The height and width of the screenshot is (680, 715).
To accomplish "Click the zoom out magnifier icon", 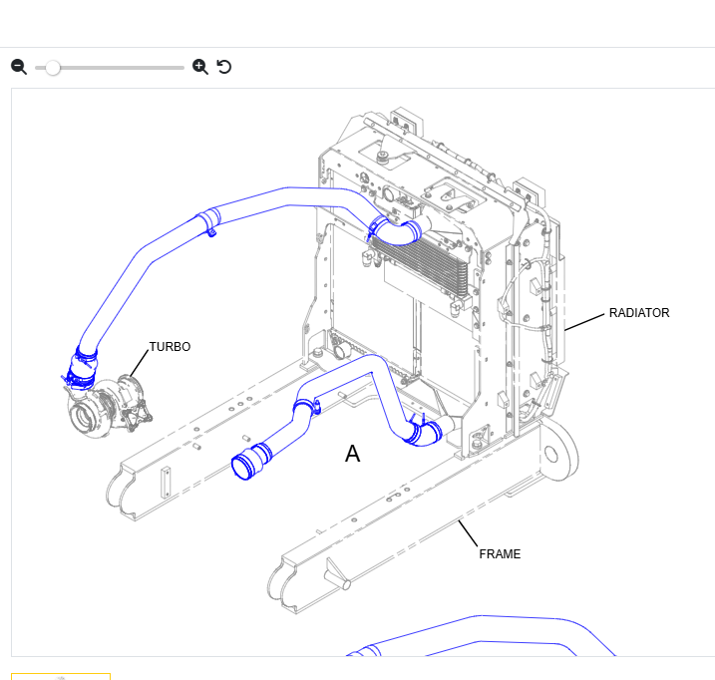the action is pyautogui.click(x=19, y=67).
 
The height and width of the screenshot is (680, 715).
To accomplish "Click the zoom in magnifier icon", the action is pyautogui.click(x=200, y=67).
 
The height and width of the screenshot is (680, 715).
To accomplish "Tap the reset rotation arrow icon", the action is pyautogui.click(x=224, y=67).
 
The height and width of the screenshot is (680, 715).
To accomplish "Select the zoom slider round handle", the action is pyautogui.click(x=53, y=68).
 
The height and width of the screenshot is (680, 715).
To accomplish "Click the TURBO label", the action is pyautogui.click(x=170, y=347).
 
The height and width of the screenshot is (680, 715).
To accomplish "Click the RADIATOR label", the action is pyautogui.click(x=639, y=313).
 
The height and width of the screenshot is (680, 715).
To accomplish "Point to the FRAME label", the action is pyautogui.click(x=500, y=554).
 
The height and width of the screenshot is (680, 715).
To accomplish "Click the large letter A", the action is pyautogui.click(x=352, y=454).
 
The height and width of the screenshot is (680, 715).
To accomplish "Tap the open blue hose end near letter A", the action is pyautogui.click(x=242, y=467).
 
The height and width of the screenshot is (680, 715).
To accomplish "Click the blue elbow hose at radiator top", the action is pyautogui.click(x=395, y=231).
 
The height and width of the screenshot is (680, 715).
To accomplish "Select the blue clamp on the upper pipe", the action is pyautogui.click(x=209, y=221).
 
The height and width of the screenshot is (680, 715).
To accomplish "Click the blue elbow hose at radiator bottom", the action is pyautogui.click(x=423, y=434).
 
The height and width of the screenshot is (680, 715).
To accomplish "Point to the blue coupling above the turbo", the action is pyautogui.click(x=82, y=370).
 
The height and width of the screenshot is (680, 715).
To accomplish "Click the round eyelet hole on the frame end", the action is pyautogui.click(x=550, y=455).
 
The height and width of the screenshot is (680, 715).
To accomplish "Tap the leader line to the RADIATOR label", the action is pyautogui.click(x=584, y=322).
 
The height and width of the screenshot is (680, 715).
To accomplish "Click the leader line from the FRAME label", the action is pyautogui.click(x=468, y=533).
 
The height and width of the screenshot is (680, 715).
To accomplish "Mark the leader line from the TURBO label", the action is pyautogui.click(x=140, y=364).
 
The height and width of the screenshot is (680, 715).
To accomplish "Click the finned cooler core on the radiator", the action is pyautogui.click(x=421, y=265).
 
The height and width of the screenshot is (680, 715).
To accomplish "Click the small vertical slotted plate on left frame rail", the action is pyautogui.click(x=166, y=482).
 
